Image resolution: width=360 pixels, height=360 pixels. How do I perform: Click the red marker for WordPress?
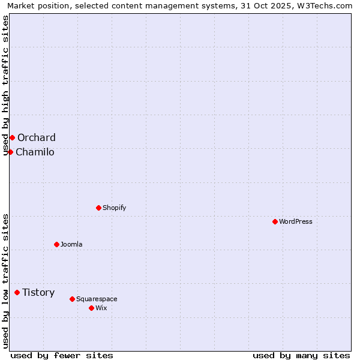(275, 221)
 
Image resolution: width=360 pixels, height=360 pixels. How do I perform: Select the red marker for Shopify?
(98, 208)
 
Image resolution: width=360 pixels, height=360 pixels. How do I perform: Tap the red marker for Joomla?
(56, 244)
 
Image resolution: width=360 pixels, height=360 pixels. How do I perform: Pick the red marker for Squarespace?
(72, 299)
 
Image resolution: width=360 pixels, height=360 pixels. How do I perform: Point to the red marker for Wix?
(91, 308)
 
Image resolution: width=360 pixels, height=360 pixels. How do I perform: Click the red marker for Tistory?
(17, 292)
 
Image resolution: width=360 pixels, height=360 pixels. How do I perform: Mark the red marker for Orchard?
(12, 137)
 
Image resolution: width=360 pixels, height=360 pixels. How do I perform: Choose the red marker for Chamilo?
(10, 152)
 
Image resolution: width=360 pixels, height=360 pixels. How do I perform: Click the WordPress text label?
(296, 221)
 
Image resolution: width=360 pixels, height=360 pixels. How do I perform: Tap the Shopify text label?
(114, 208)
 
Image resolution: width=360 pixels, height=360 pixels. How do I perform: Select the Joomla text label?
(71, 244)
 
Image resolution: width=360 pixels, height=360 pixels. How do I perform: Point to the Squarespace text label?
(97, 299)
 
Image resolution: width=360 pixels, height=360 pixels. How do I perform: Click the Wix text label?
(101, 308)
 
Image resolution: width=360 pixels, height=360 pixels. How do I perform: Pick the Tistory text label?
(38, 292)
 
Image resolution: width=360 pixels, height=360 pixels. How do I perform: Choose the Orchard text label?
(37, 137)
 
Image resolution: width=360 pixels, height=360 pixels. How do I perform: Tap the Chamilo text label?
(35, 152)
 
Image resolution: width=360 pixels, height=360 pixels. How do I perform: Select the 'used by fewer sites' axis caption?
(62, 355)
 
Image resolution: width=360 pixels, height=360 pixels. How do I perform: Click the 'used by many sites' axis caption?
(301, 355)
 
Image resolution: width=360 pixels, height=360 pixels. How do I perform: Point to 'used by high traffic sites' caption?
(5, 85)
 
